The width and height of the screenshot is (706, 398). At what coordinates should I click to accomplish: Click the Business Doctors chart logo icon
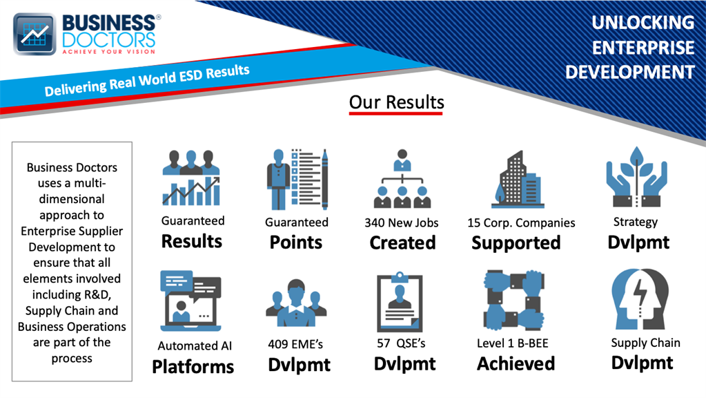pyautogui.click(x=35, y=34)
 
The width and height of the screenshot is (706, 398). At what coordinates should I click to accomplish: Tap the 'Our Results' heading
pyautogui.click(x=396, y=102)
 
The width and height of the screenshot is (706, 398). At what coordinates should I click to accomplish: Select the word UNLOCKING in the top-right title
pyautogui.click(x=643, y=23)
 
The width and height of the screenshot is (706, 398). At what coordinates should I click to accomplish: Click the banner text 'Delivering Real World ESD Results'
pyautogui.click(x=147, y=81)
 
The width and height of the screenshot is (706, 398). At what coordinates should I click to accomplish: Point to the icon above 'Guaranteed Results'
pyautogui.click(x=191, y=178)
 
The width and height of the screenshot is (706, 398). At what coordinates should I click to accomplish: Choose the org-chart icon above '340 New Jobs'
pyautogui.click(x=402, y=178)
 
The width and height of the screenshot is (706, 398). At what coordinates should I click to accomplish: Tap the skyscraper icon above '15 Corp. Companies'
pyautogui.click(x=518, y=180)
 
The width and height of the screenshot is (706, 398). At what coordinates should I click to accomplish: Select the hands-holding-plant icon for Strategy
pyautogui.click(x=637, y=176)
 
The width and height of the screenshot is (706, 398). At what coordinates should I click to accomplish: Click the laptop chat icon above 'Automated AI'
pyautogui.click(x=191, y=301)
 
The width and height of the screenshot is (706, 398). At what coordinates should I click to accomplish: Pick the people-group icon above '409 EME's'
pyautogui.click(x=296, y=303)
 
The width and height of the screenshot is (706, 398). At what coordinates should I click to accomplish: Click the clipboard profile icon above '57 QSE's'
pyautogui.click(x=400, y=301)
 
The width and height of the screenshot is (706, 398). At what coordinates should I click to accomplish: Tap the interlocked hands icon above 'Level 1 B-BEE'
pyautogui.click(x=513, y=300)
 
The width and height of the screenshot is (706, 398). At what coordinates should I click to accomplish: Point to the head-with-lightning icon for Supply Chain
pyautogui.click(x=640, y=299)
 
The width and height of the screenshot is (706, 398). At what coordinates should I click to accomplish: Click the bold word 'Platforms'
pyautogui.click(x=193, y=367)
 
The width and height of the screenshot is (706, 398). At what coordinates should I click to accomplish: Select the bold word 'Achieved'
pyautogui.click(x=516, y=363)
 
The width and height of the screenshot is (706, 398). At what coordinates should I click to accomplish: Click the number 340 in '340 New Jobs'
pyautogui.click(x=374, y=222)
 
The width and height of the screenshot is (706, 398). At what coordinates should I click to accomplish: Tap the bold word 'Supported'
pyautogui.click(x=516, y=243)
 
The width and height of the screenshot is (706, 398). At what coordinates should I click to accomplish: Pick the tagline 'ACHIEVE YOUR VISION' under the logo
pyautogui.click(x=108, y=52)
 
